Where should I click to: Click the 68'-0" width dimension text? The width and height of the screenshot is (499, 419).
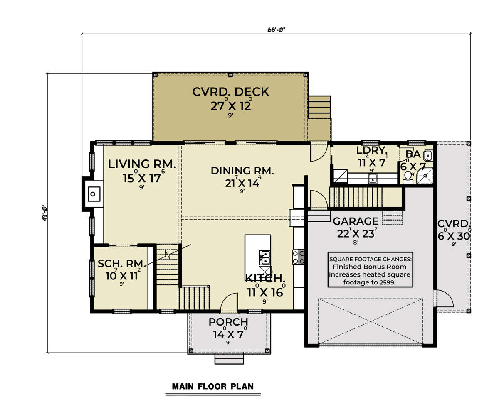pos(276,30)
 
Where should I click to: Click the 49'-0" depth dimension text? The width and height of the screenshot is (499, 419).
pos(44,213)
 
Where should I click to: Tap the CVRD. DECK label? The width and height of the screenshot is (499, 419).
pos(231,92)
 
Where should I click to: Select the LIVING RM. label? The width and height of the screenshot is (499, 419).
pos(142,164)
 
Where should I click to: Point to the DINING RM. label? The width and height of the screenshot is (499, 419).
pos(242,171)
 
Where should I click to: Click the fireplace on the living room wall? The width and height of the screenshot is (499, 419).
pos(93,194)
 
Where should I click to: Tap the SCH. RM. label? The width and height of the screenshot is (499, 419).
pos(121,264)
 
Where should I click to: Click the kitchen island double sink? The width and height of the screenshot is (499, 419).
pos(265,257)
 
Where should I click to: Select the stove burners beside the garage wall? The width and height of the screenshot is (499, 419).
pos(299,257)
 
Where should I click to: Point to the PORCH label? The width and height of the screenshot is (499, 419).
pos(228,322)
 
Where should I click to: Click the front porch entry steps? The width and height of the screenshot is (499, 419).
pos(229,359)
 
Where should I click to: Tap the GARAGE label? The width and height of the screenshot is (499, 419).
pos(356,221)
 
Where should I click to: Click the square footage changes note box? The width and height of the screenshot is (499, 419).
pos(370,270)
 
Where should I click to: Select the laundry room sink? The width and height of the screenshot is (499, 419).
pos(372,178)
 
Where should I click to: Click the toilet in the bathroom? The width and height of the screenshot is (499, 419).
pos(408,176)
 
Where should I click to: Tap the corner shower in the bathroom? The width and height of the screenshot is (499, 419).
pos(425,175)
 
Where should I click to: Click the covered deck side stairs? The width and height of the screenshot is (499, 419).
pos(319,107)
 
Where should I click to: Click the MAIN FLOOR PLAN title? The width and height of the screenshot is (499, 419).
pos(213,386)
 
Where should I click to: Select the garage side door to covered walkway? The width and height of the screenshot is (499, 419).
pos(444,298)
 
